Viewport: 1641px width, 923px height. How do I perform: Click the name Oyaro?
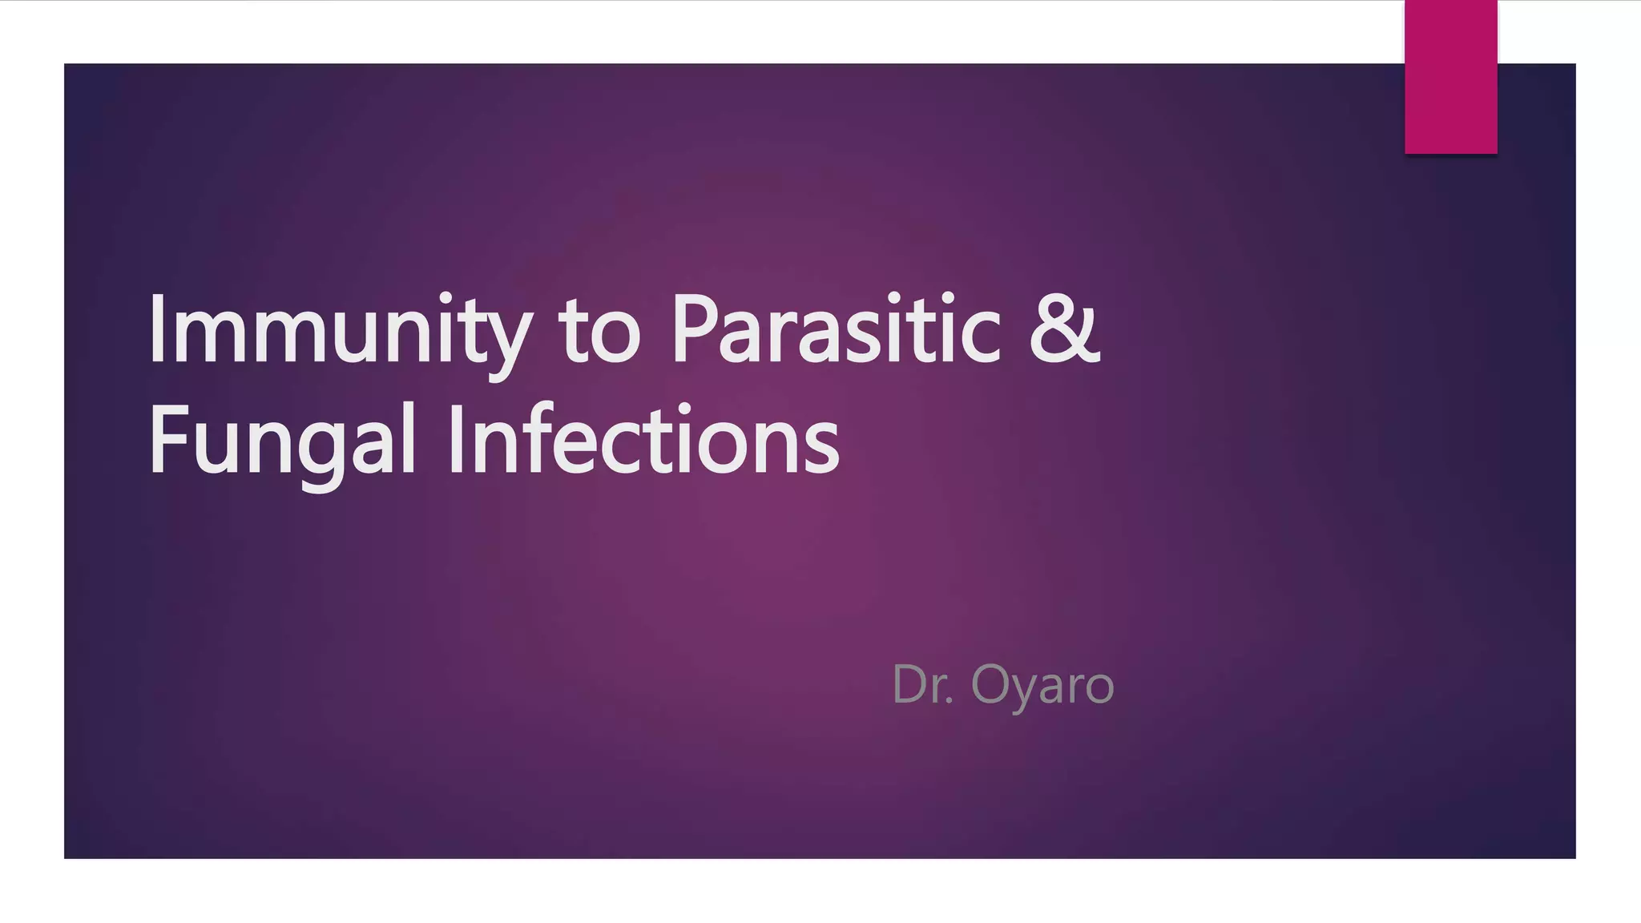1042,686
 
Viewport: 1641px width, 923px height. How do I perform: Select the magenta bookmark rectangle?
1450,77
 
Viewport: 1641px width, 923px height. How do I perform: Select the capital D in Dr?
910,685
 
